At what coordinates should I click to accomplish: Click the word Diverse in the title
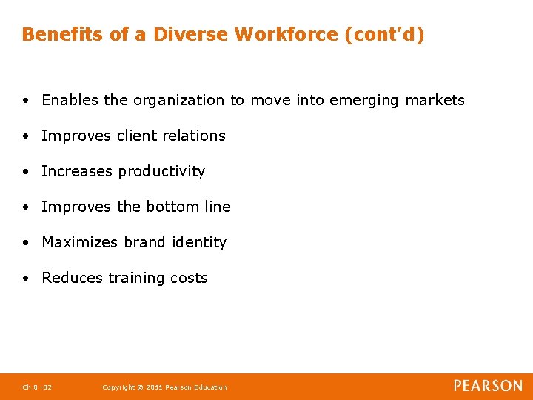click(189, 34)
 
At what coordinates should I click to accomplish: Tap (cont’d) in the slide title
click(385, 34)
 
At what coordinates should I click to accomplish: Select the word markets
click(435, 100)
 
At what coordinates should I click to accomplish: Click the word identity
click(199, 242)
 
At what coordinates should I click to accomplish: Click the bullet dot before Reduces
click(25, 278)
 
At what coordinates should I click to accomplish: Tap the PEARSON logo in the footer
click(488, 386)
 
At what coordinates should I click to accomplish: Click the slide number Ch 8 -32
click(37, 387)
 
